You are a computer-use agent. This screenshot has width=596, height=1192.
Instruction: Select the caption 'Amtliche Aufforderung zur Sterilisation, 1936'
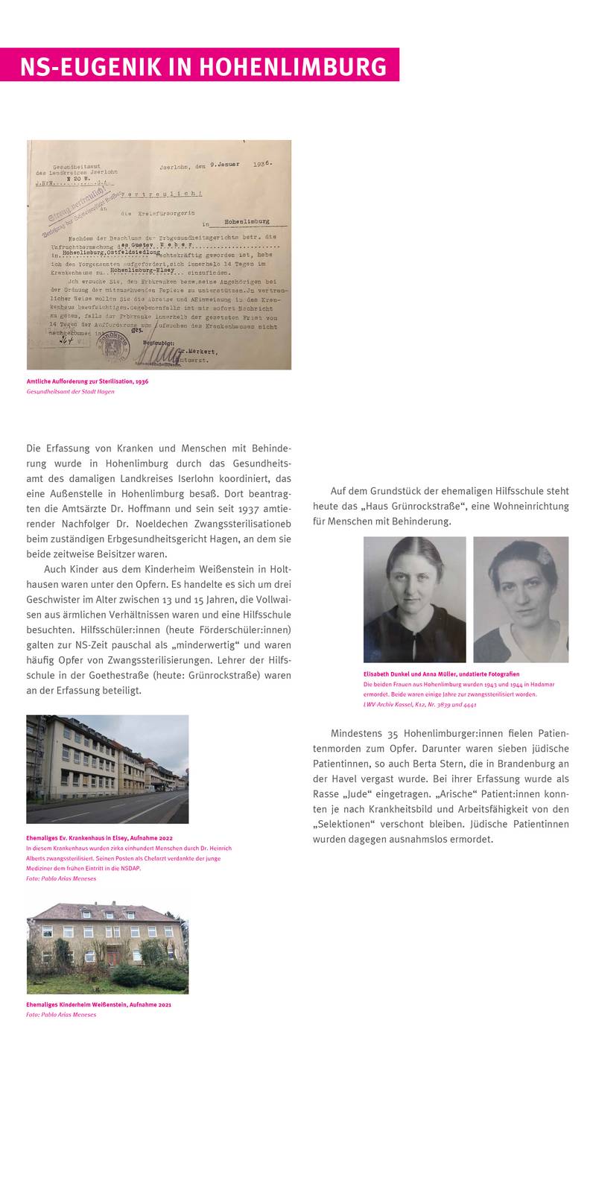click(87, 381)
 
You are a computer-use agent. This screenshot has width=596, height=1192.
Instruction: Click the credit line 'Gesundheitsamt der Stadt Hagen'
click(70, 391)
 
